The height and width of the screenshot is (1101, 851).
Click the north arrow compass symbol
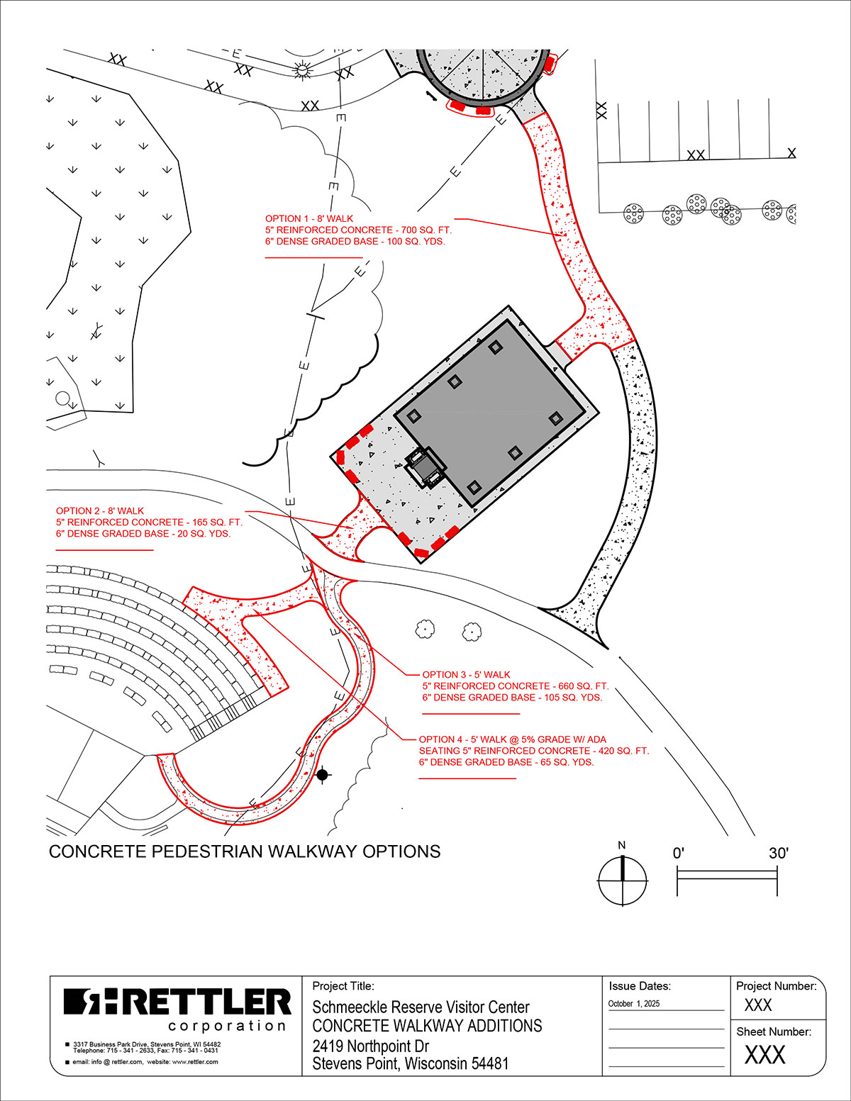tap(623, 881)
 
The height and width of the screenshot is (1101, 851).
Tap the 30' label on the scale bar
tap(779, 854)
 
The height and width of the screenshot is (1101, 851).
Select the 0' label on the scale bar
tap(679, 854)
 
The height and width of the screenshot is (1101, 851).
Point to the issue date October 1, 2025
tap(633, 1004)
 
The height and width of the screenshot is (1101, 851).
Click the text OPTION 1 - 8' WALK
tap(309, 218)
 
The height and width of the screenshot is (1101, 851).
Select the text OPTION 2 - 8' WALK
tap(100, 510)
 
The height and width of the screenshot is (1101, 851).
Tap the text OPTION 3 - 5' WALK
tap(467, 674)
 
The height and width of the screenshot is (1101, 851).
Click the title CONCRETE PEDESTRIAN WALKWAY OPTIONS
tap(245, 851)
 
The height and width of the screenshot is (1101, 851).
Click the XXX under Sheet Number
tap(764, 1056)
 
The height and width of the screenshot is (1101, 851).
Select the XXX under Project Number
tap(757, 1005)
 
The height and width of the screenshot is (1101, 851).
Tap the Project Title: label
tap(343, 986)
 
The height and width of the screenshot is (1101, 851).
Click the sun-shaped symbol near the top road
tap(301, 70)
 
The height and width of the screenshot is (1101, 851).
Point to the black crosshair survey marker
tap(323, 775)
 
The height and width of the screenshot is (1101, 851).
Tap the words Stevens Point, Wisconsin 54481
tap(410, 1063)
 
